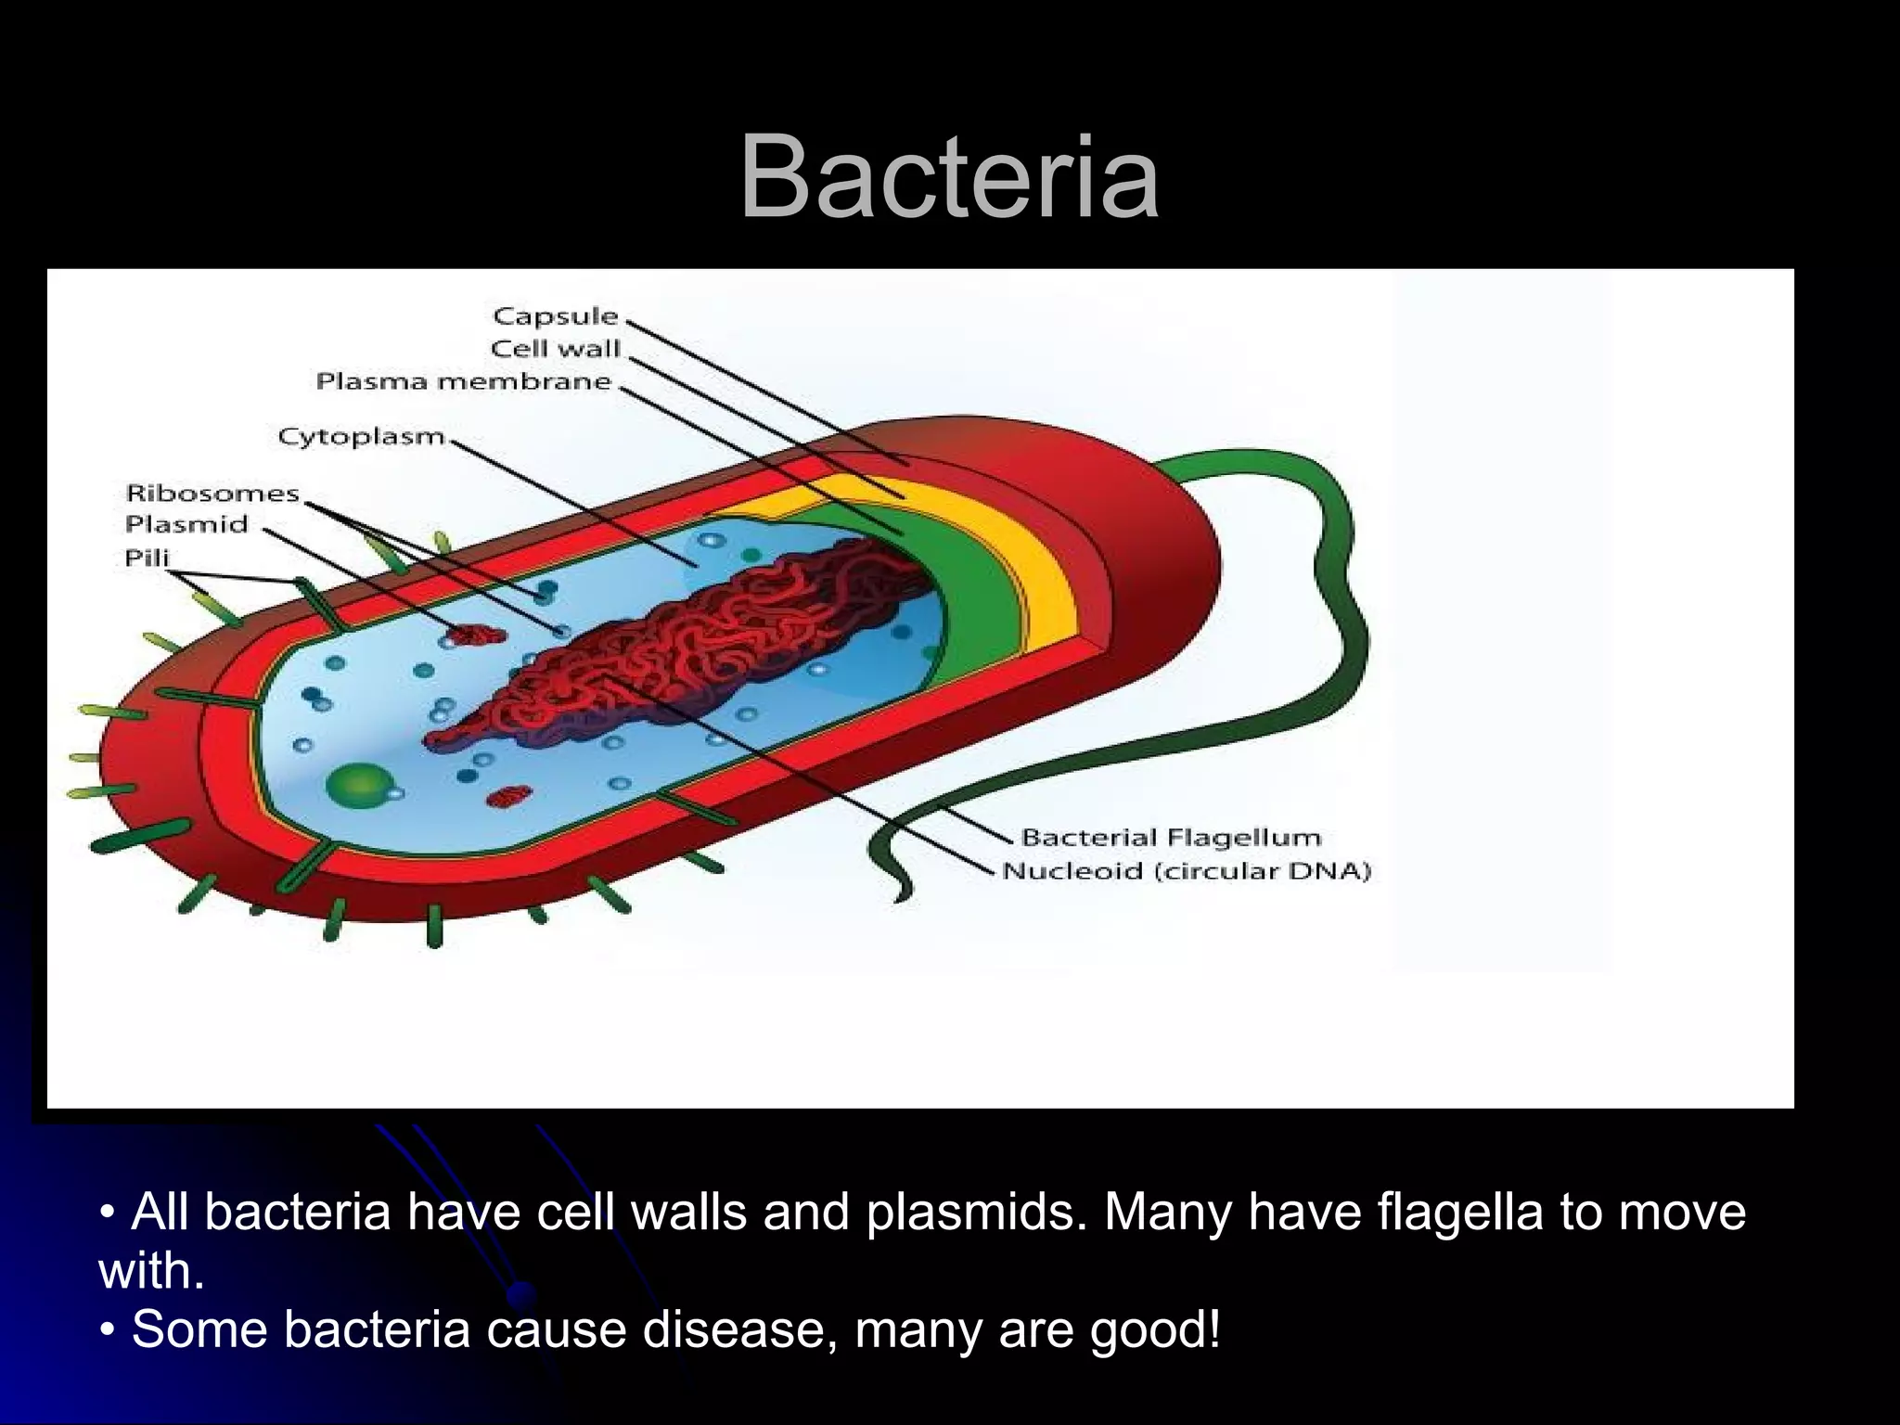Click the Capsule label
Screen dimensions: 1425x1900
(x=555, y=316)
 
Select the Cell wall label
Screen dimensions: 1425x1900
(x=555, y=349)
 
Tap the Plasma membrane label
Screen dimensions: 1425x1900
(x=464, y=381)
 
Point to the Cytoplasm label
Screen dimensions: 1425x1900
(x=362, y=436)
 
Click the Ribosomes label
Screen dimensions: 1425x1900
(x=212, y=493)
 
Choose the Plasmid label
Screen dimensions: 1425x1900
(x=186, y=524)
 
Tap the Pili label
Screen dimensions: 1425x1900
(x=147, y=558)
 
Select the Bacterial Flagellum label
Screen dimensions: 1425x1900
(x=1171, y=838)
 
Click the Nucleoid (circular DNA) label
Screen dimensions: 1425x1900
(x=1187, y=871)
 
